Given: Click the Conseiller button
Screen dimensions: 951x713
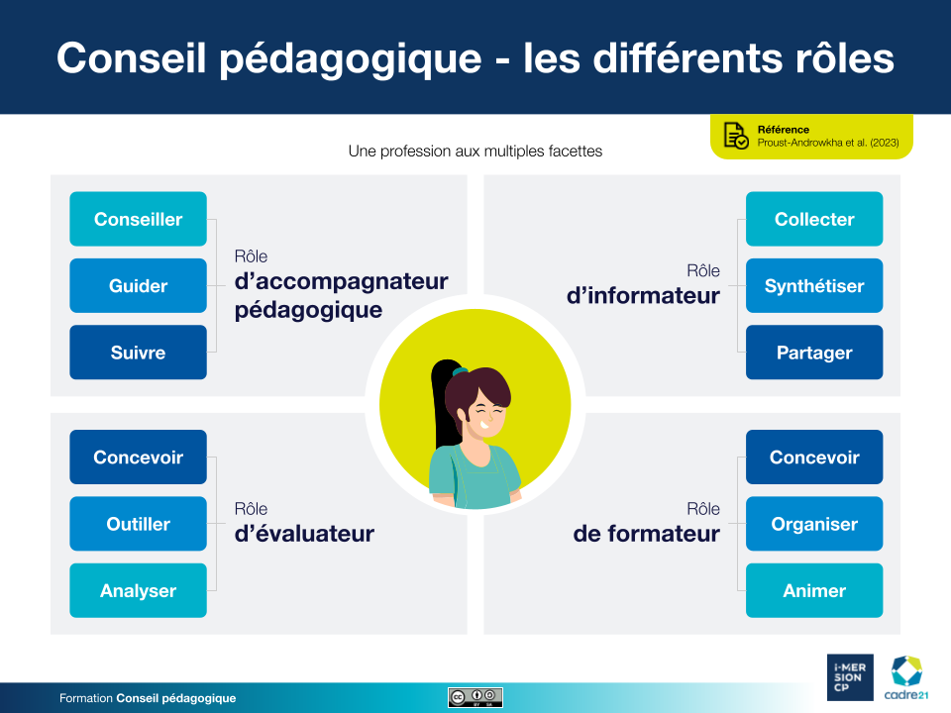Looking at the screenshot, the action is pyautogui.click(x=139, y=219).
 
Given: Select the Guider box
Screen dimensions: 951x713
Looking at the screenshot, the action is pyautogui.click(x=139, y=285).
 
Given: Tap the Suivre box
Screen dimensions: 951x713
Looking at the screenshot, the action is pyautogui.click(x=139, y=353).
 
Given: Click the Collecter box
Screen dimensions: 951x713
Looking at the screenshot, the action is pyautogui.click(x=814, y=219).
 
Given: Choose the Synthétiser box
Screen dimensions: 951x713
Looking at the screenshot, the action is pyautogui.click(x=814, y=285).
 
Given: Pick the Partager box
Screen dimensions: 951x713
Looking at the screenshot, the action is pyautogui.click(x=814, y=353).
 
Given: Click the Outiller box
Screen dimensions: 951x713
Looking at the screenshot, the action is pyautogui.click(x=139, y=524).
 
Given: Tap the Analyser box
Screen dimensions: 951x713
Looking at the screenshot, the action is pyautogui.click(x=139, y=590).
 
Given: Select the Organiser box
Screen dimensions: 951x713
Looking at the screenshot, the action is pyautogui.click(x=814, y=524).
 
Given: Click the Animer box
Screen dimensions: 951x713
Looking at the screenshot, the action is pyautogui.click(x=814, y=590).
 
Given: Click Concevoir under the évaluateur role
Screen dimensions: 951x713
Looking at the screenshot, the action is pyautogui.click(x=139, y=458).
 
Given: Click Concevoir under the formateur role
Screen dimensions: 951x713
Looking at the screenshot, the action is pyautogui.click(x=814, y=458).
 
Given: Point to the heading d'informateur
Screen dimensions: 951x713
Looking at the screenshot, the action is pyautogui.click(x=643, y=296).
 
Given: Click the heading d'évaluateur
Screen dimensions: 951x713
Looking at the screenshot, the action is pyautogui.click(x=304, y=534).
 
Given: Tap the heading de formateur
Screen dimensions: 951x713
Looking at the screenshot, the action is pyautogui.click(x=647, y=534).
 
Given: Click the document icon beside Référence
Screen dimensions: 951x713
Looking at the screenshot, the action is pyautogui.click(x=736, y=136).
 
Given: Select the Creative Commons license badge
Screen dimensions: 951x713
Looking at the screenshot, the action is pyautogui.click(x=475, y=697).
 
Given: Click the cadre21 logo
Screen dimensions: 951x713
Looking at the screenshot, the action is pyautogui.click(x=906, y=677).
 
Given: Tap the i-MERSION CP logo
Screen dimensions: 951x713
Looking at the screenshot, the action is pyautogui.click(x=850, y=677).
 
